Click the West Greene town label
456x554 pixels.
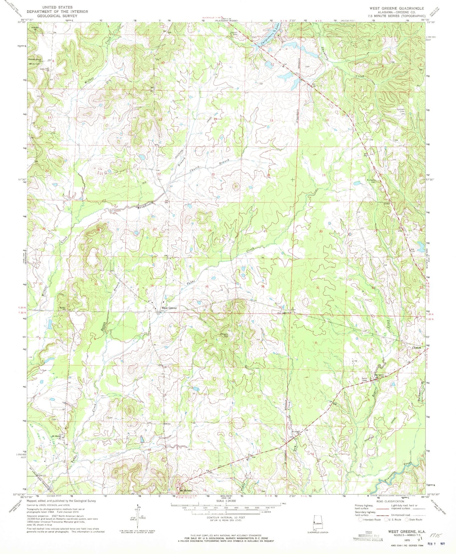(x=169, y=308)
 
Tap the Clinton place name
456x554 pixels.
(x=416, y=348)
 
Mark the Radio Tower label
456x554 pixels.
(x=364, y=380)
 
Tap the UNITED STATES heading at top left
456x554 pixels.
(x=57, y=7)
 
